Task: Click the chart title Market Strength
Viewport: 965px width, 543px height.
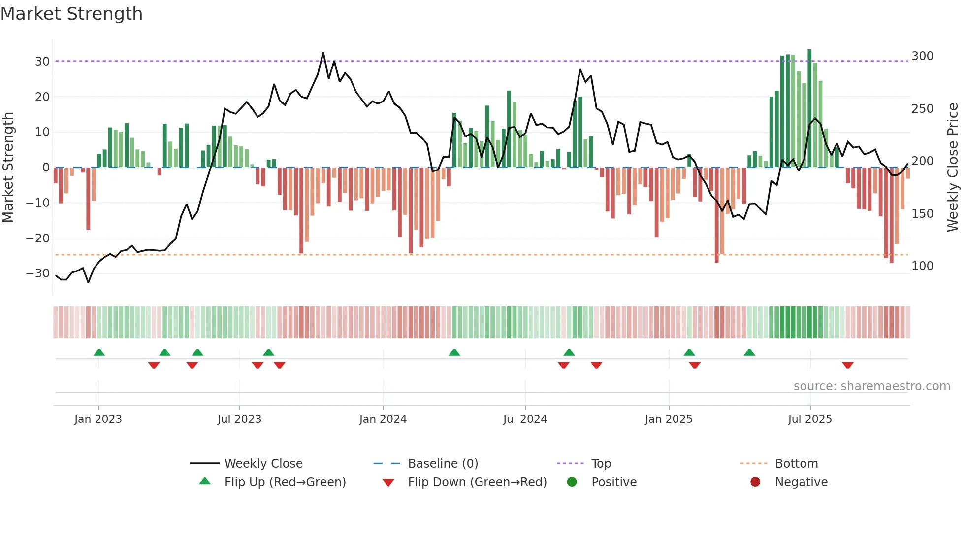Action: tap(71, 14)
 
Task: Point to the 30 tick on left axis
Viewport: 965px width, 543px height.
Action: tap(42, 62)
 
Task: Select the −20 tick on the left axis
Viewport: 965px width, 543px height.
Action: tap(38, 238)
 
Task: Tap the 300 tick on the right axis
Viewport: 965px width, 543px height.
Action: tap(922, 56)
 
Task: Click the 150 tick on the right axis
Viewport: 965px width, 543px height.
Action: tap(922, 214)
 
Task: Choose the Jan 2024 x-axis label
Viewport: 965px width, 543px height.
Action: tap(383, 419)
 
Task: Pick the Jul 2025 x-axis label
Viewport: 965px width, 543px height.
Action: tap(809, 419)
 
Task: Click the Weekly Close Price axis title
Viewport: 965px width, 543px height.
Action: tap(953, 168)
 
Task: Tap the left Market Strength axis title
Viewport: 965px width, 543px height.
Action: tap(8, 168)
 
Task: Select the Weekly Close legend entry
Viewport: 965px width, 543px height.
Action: tap(263, 464)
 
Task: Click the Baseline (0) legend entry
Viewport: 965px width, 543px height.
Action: tap(443, 464)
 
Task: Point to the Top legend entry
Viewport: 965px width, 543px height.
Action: tap(601, 464)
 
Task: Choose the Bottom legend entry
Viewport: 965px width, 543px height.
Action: tap(796, 464)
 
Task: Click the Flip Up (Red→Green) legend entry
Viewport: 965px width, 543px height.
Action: tap(285, 482)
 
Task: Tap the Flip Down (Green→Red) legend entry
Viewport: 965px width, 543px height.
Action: tap(477, 482)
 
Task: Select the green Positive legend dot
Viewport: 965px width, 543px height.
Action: tap(572, 482)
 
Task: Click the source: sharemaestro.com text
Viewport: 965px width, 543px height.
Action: tap(871, 386)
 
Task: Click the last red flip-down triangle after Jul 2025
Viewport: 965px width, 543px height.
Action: tap(847, 365)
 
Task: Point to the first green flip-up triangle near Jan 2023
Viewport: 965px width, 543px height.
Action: tap(99, 352)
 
